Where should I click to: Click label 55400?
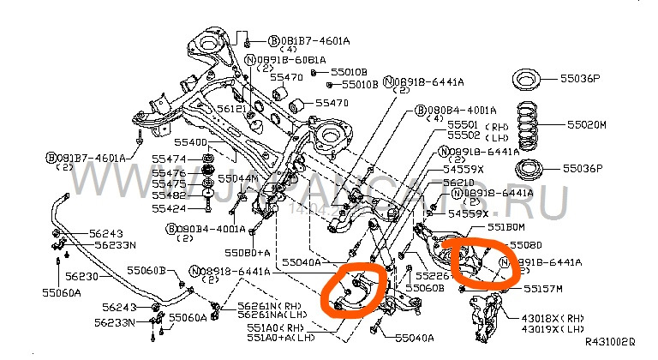191,141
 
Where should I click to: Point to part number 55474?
169,159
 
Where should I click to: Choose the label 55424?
169,208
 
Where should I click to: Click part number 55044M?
236,178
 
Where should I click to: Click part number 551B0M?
506,227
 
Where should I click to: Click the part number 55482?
169,195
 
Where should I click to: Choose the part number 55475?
169,183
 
